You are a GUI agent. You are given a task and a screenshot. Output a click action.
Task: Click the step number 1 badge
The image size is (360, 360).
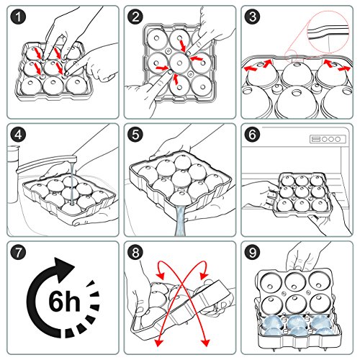click(18, 17)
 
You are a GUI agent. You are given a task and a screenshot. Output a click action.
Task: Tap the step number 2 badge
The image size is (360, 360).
click(135, 17)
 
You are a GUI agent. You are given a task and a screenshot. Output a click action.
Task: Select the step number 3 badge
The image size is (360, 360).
click(252, 17)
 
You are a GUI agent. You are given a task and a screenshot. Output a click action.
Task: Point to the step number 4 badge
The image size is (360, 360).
click(18, 135)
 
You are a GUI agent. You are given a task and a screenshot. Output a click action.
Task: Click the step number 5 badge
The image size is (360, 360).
click(135, 135)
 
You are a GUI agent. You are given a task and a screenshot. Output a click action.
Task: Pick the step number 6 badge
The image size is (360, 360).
click(252, 135)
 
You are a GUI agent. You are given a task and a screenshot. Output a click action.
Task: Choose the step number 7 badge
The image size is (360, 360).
click(18, 252)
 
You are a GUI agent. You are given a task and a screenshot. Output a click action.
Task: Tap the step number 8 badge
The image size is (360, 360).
click(135, 252)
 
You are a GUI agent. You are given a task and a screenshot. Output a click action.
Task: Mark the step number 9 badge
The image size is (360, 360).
click(252, 252)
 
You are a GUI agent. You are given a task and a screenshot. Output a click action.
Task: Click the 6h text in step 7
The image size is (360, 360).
click(64, 301)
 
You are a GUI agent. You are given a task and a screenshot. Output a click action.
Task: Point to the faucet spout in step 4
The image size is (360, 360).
click(47, 163)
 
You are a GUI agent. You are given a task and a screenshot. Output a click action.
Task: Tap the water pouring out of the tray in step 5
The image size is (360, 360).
click(180, 220)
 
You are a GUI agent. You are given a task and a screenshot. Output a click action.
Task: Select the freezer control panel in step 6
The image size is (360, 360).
click(328, 139)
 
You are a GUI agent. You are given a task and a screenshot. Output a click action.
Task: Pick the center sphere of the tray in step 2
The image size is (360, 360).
click(179, 63)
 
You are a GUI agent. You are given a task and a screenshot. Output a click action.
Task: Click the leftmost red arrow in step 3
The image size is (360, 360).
click(250, 69)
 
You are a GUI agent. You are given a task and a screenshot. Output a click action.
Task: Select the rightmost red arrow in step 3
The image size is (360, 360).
click(344, 68)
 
